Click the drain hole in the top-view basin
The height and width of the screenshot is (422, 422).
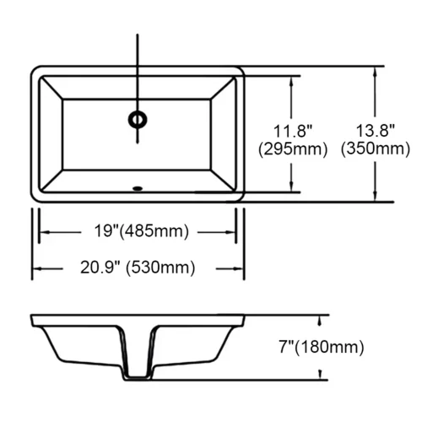(138, 117)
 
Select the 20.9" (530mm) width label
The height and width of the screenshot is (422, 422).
(138, 268)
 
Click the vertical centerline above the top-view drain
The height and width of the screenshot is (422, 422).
(138, 68)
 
